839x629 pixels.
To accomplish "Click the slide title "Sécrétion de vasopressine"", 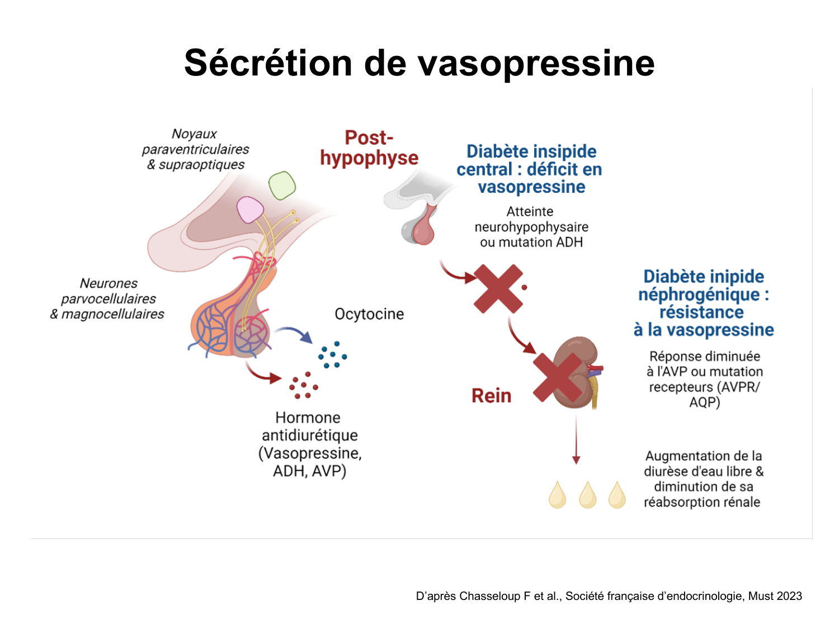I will coord(419,63).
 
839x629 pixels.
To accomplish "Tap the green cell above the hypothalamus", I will coord(282,186).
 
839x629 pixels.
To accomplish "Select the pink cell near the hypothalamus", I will coord(249,210).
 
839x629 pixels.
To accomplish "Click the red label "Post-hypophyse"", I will coord(369,148).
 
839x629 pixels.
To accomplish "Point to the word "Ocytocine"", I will coord(369,314).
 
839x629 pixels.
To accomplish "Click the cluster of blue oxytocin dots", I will coord(332,355).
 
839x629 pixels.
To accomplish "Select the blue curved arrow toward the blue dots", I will coord(294,333).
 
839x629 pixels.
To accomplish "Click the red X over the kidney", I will coord(557,377).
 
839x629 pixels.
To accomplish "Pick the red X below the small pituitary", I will coord(498,289).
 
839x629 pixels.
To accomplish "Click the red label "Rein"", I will coord(491,396).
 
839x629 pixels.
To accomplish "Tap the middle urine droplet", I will coord(587,495).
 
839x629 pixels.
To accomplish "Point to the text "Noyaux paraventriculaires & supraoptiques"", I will coord(195,149).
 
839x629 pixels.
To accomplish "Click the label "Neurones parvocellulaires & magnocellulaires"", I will coord(108,299).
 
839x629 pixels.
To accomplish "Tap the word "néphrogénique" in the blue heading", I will coord(699,294).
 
